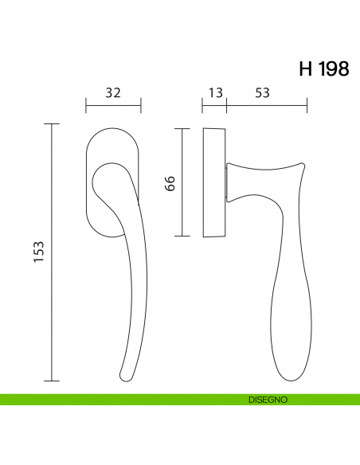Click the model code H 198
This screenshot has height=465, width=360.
pyautogui.click(x=323, y=69)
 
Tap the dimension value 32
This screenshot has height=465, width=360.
pyautogui.click(x=113, y=92)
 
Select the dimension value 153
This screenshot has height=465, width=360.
pyautogui.click(x=41, y=252)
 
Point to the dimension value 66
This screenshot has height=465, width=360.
pyautogui.click(x=170, y=182)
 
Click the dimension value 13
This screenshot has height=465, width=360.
pyautogui.click(x=215, y=92)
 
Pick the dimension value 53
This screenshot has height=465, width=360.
pyautogui.click(x=262, y=92)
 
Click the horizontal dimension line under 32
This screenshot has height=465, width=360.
pyautogui.click(x=113, y=104)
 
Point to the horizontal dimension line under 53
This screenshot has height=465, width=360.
pyautogui.click(x=267, y=104)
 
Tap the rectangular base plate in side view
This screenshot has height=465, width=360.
pyautogui.click(x=215, y=182)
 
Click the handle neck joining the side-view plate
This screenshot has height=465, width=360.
pyautogui.click(x=233, y=180)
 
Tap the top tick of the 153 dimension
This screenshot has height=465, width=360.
pyautogui.click(x=53, y=125)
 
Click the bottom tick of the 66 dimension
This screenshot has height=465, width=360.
pyautogui.click(x=184, y=236)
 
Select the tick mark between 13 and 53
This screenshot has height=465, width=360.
pyautogui.click(x=227, y=104)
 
